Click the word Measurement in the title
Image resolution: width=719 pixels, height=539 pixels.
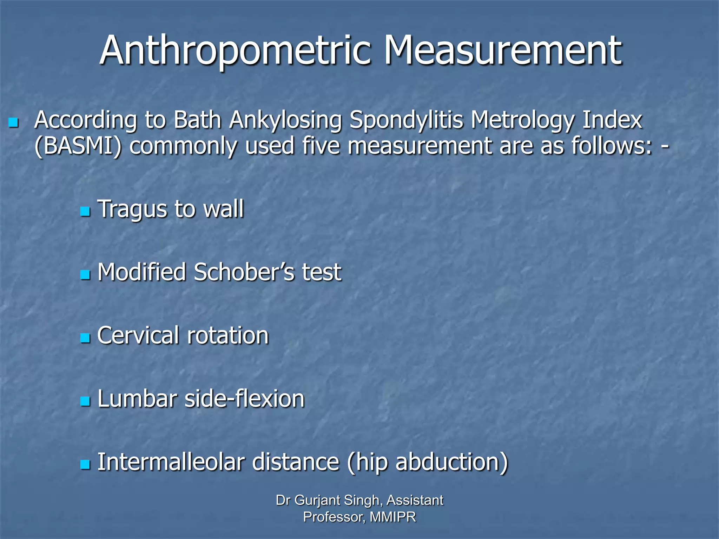point(503,51)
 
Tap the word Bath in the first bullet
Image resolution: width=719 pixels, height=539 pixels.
point(197,120)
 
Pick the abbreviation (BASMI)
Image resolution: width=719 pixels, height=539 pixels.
point(78,146)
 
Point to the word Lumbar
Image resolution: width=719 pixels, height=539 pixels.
point(137,399)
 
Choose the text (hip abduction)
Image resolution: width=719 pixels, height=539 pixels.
point(427,463)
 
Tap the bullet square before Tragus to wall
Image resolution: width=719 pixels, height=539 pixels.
point(85,212)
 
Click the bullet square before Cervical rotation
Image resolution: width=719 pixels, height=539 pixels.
point(85,338)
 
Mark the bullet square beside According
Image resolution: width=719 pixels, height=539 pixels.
point(13,122)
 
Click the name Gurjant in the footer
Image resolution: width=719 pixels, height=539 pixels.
point(317,500)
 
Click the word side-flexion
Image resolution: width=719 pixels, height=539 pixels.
point(244,399)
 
